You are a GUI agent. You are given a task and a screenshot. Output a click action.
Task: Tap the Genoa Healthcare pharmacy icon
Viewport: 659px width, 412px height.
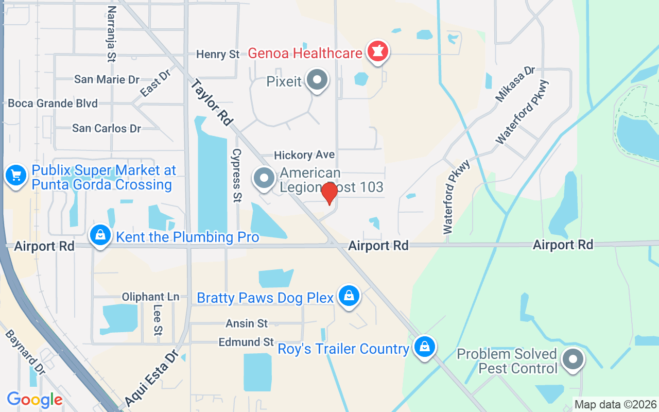pos(378,52)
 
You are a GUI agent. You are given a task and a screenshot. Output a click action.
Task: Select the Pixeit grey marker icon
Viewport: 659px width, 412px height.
pos(317,80)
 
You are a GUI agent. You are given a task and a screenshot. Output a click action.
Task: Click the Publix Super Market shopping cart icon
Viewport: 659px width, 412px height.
pos(15,176)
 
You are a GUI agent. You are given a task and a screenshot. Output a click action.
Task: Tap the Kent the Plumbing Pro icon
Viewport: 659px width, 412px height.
pos(100,236)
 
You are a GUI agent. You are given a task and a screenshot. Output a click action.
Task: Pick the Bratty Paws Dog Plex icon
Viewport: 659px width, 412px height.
pos(349,296)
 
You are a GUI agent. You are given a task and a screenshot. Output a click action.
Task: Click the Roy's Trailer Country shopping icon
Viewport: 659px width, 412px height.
pos(424,347)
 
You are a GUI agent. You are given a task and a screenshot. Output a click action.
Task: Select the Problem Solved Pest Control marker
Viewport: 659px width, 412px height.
pos(572,359)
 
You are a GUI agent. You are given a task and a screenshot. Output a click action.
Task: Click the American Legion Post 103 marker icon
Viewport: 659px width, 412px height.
pos(264,179)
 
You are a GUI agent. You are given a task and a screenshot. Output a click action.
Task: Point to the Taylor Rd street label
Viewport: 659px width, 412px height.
pos(212,102)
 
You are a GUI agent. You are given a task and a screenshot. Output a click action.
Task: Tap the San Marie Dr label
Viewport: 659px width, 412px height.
pos(107,79)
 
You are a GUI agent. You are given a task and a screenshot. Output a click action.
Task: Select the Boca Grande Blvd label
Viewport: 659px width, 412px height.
pos(53,103)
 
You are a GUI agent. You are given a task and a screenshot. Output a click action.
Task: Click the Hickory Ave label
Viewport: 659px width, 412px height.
pos(304,154)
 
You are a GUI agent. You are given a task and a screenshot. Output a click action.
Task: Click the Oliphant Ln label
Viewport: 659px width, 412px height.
pos(150,297)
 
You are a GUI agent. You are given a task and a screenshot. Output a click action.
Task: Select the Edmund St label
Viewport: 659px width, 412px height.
pos(246,342)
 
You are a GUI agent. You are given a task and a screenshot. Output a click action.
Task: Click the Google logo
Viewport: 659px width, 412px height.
pos(34,399)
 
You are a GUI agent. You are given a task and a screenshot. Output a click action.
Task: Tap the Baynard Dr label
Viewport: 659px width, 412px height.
pos(25,352)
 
